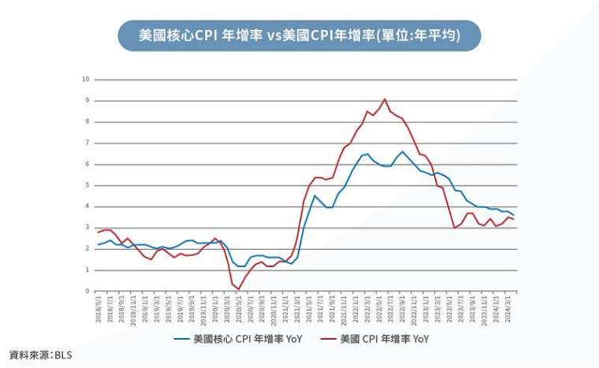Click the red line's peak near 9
click(x=385, y=99)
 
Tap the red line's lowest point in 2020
click(x=237, y=288)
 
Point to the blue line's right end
click(x=515, y=215)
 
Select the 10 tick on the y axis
click(x=86, y=80)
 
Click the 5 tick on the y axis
click(x=87, y=185)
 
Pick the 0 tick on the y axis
click(x=87, y=292)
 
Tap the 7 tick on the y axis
click(x=87, y=143)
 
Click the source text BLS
click(x=63, y=355)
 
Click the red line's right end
click(x=515, y=219)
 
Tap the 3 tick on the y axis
click(x=87, y=228)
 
